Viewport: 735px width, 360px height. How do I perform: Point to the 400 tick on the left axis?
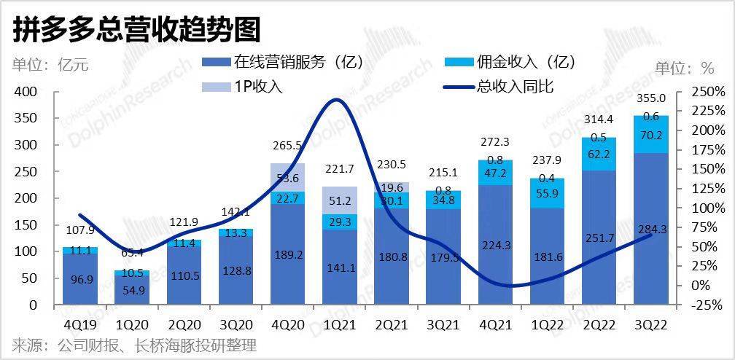(x=23, y=92)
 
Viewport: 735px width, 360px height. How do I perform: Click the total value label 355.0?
(x=650, y=98)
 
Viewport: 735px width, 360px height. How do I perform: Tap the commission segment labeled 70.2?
(x=650, y=135)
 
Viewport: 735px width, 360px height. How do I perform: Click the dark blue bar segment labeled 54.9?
(x=131, y=289)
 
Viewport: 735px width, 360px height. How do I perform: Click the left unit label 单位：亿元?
(x=50, y=64)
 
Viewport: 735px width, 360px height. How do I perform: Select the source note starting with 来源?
(x=134, y=345)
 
